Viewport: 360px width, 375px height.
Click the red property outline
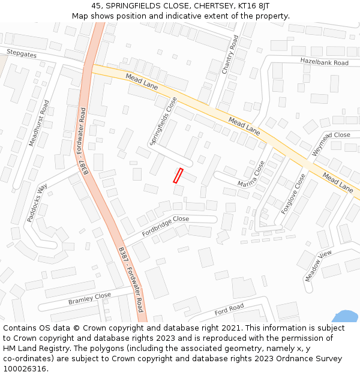[x=178, y=176]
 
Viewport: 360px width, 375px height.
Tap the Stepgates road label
[x=22, y=54]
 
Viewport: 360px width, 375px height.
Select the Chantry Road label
[x=230, y=55]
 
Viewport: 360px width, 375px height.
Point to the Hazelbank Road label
[x=324, y=62]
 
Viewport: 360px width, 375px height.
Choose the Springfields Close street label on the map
[x=164, y=121]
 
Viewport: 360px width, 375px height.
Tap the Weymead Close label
[x=331, y=136]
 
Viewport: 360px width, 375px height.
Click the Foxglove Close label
[x=293, y=194]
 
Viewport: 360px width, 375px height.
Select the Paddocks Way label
[x=37, y=203]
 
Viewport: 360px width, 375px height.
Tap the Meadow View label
[x=318, y=265]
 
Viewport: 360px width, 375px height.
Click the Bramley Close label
[x=89, y=298]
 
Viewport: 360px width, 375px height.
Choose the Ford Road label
[x=229, y=311]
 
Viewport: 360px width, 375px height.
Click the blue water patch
[x=346, y=317]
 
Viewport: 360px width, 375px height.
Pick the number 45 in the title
[x=97, y=5]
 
